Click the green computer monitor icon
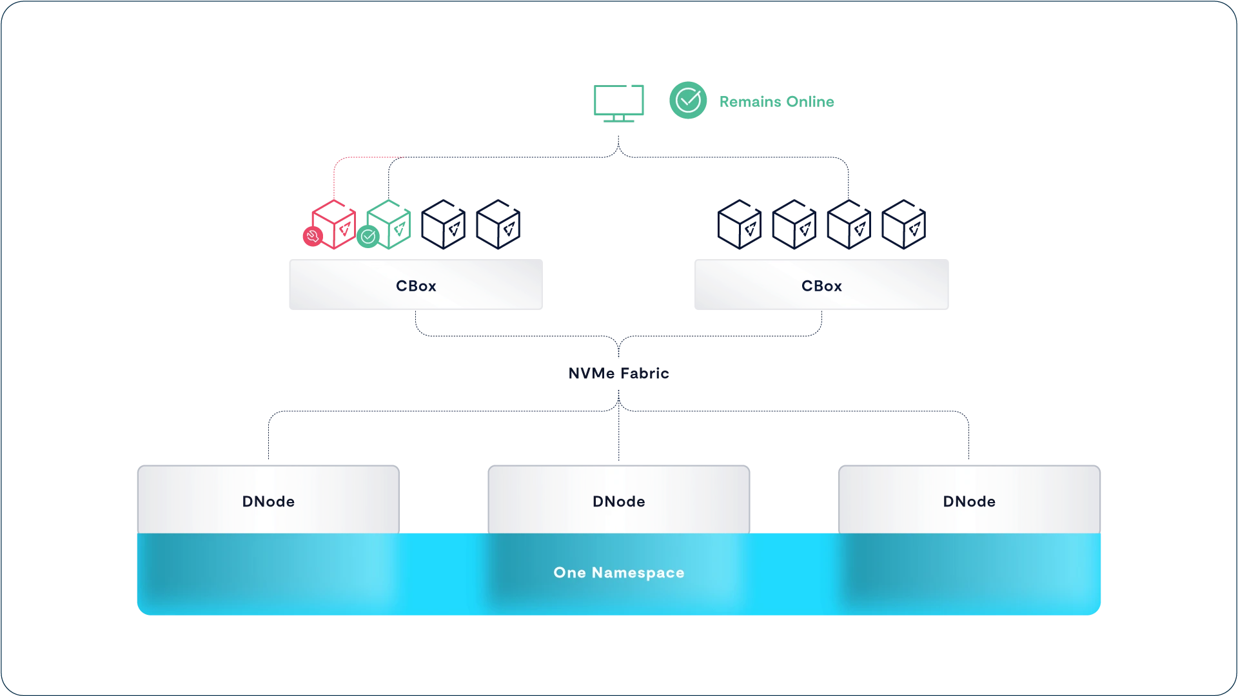click(618, 102)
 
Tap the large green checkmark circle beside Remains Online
click(688, 101)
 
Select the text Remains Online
click(776, 102)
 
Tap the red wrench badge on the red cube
click(313, 237)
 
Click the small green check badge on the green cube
click(368, 237)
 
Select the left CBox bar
click(416, 285)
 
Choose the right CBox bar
click(821, 285)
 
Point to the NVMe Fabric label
click(618, 373)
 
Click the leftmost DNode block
click(268, 499)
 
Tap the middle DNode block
click(619, 499)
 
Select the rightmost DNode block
click(969, 499)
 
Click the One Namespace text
click(619, 572)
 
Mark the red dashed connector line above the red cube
click(361, 158)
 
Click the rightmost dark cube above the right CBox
click(903, 224)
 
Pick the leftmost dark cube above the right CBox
click(740, 224)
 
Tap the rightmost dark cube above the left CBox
click(498, 224)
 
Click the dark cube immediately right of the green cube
click(443, 224)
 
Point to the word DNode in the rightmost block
click(969, 501)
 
